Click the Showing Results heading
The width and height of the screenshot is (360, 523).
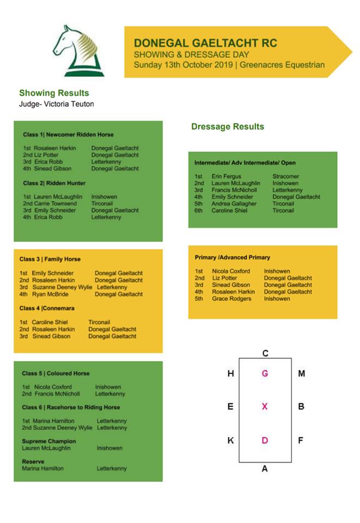click(54, 93)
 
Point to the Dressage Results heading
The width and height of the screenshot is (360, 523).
click(227, 126)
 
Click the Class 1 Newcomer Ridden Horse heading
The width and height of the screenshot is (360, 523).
click(68, 135)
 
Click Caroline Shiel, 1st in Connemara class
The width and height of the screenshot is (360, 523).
click(50, 322)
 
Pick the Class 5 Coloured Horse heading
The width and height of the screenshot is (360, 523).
click(56, 373)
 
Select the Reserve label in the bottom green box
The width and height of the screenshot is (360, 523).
click(33, 461)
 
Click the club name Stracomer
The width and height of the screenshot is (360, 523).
click(285, 177)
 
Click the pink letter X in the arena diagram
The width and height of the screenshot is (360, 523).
click(265, 406)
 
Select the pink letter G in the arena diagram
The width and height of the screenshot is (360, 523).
click(265, 373)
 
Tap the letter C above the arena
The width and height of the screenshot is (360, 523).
click(265, 353)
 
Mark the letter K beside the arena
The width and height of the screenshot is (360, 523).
click(230, 440)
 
